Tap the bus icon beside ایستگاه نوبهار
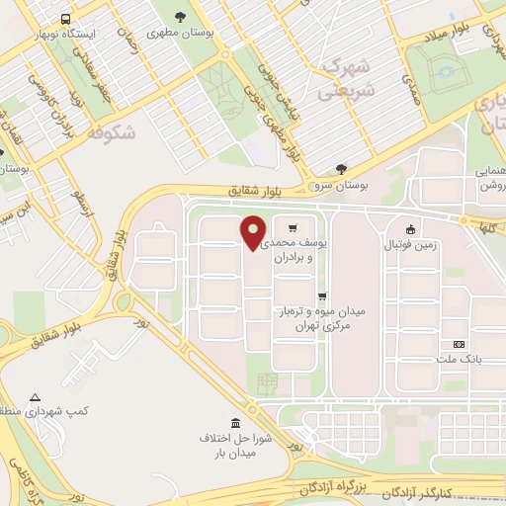(65, 19)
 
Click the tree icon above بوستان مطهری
(179, 17)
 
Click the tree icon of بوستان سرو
(341, 169)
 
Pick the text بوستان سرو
(337, 186)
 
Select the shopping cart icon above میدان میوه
(322, 295)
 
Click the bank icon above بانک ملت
(457, 344)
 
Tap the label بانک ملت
(461, 360)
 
